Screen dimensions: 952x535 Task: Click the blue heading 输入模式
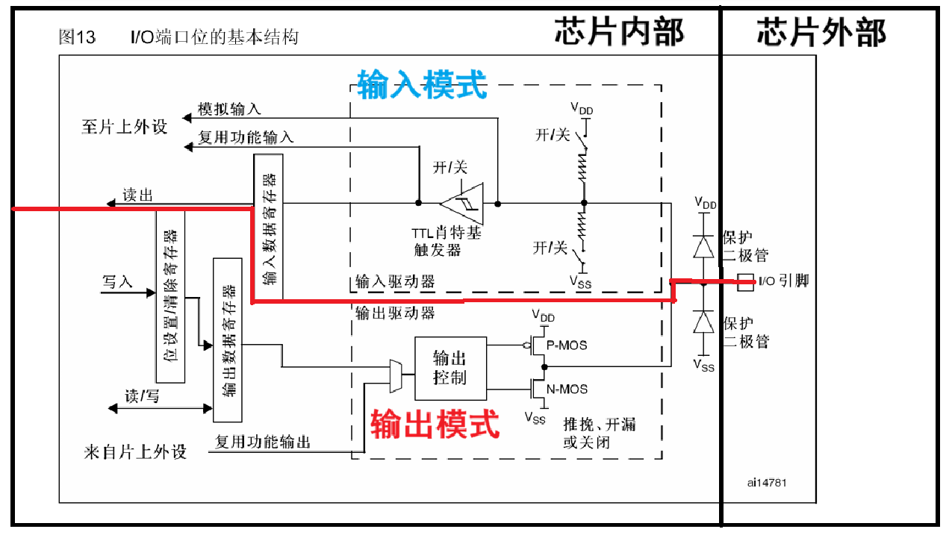tap(422, 84)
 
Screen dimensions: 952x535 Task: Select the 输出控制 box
tap(450, 368)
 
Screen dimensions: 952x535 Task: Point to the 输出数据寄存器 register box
tap(228, 340)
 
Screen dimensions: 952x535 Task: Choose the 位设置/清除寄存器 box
tap(170, 296)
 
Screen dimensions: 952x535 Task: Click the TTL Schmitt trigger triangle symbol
tap(463, 203)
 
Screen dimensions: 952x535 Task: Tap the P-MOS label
tap(567, 345)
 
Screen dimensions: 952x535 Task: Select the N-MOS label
tap(567, 389)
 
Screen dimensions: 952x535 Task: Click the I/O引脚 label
tap(783, 281)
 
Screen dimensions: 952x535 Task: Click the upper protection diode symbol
tap(703, 246)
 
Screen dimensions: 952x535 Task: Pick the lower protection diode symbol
tap(703, 322)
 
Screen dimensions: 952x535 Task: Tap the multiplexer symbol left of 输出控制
tap(396, 375)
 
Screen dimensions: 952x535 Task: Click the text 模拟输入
tap(229, 109)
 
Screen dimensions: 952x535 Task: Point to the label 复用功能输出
tap(263, 442)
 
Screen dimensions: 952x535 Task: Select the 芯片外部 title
tap(821, 33)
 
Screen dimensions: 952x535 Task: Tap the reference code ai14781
tap(766, 483)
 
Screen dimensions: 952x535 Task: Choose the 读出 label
tap(137, 195)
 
